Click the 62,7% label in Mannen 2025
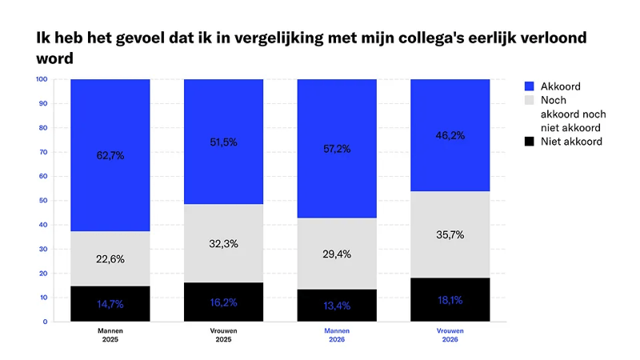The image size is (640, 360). tap(110, 155)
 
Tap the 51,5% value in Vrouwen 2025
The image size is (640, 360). tap(224, 142)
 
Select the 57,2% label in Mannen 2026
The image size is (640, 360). tap(337, 149)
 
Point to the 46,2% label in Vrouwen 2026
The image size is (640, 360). tap(450, 136)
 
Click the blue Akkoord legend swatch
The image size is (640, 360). tap(506, 86)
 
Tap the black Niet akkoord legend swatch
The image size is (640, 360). tap(506, 142)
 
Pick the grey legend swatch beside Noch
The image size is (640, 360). tap(506, 101)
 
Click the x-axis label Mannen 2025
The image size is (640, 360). tap(110, 334)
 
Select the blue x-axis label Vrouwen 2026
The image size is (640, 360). tap(450, 334)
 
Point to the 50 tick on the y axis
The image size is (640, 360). tap(42, 201)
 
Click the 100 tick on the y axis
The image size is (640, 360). tap(40, 79)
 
